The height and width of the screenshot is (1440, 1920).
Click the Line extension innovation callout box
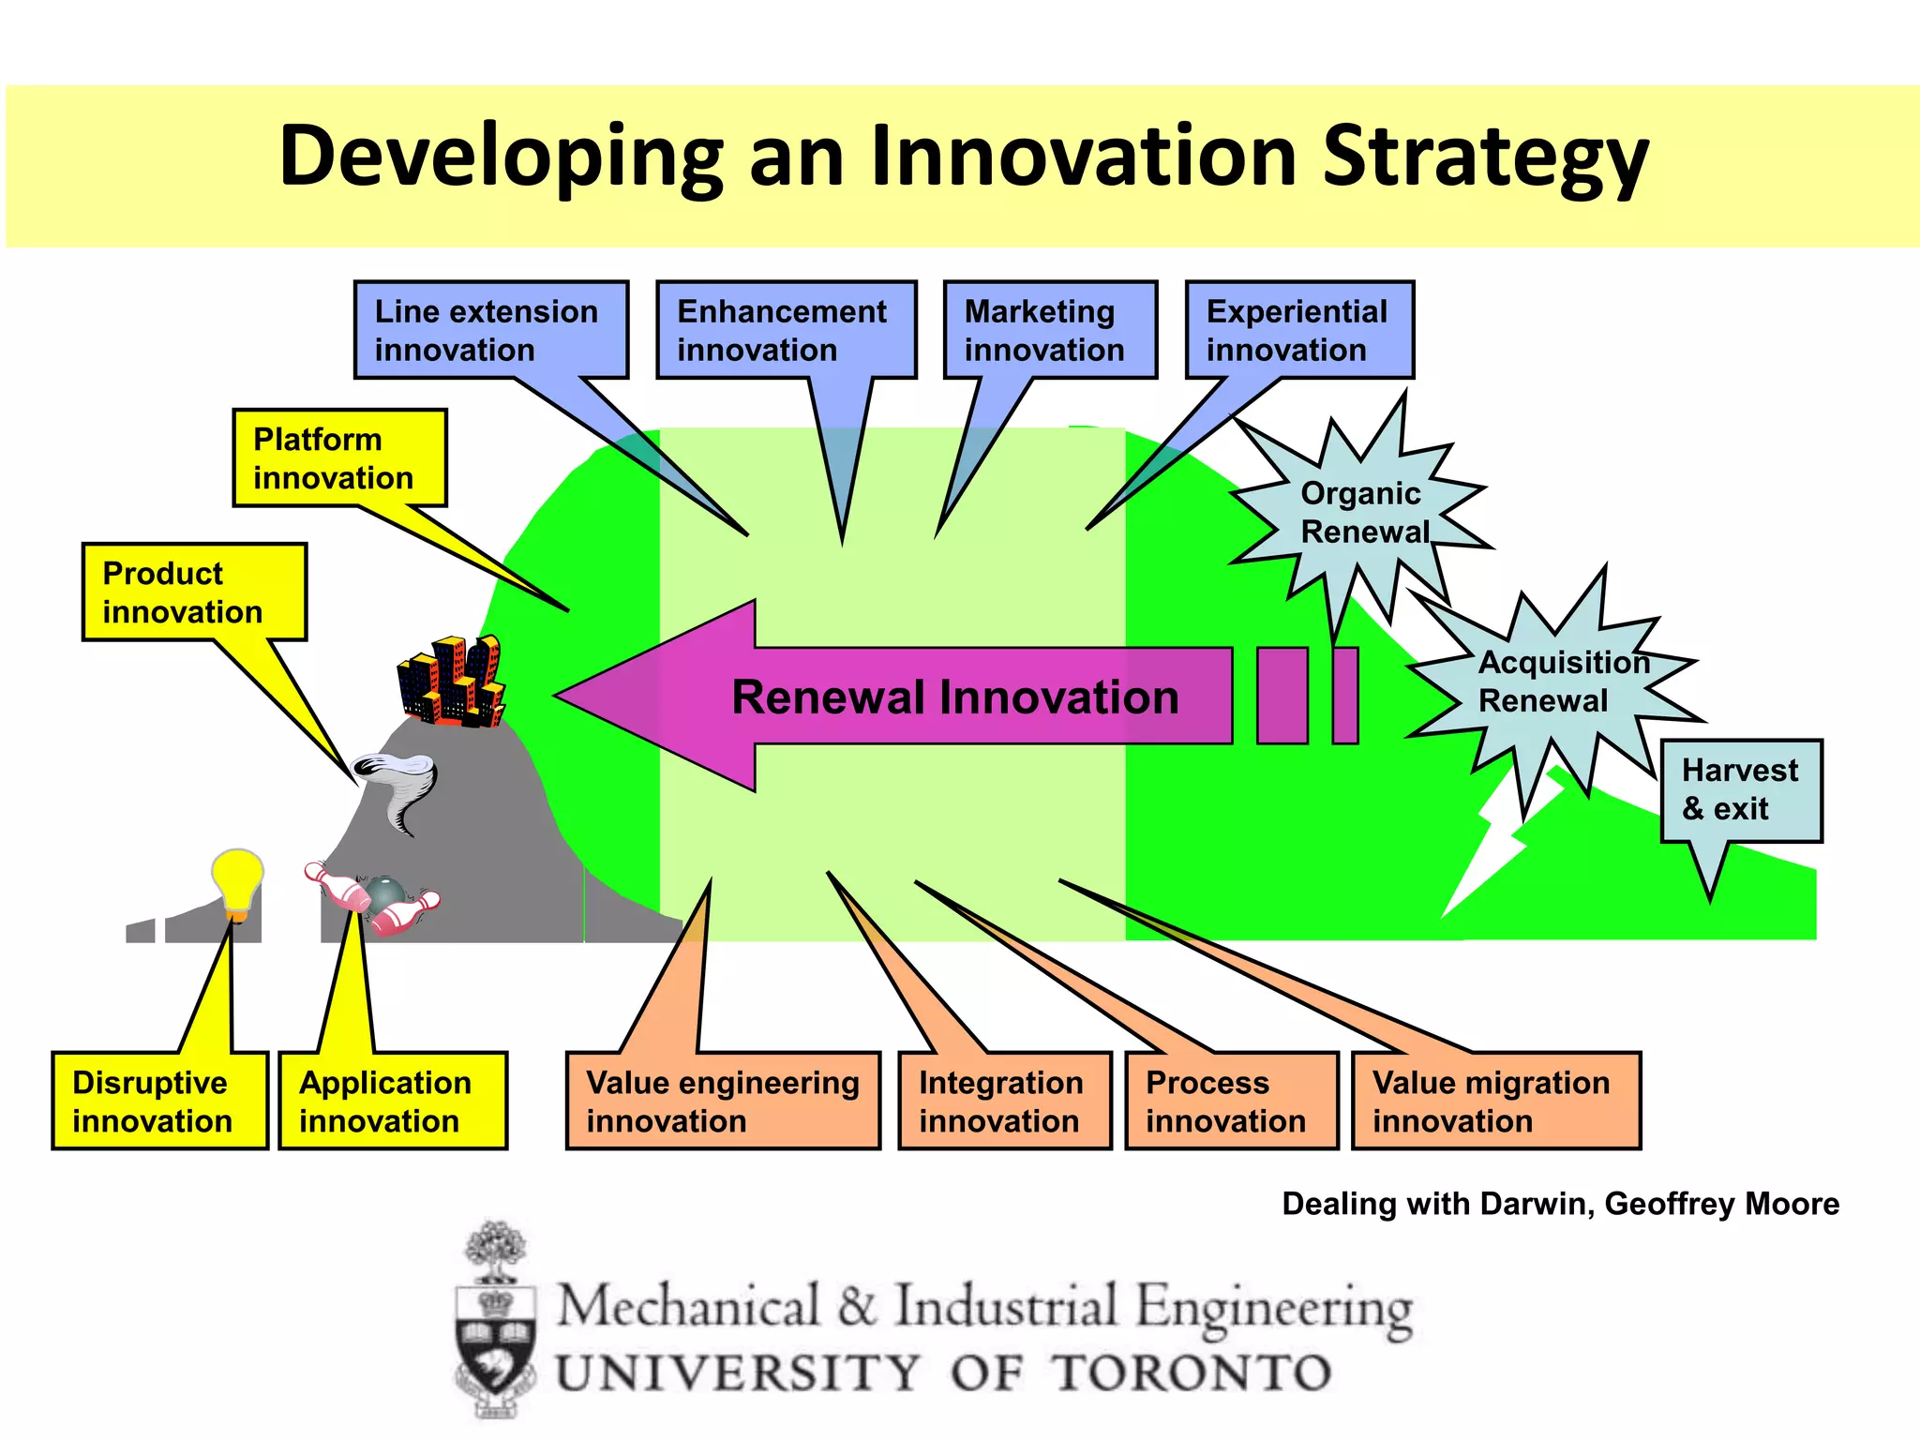pos(490,330)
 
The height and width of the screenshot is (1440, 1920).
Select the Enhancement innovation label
pos(786,330)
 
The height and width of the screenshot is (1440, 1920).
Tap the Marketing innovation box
pos(1050,330)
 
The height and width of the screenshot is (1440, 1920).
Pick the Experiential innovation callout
pos(1299,330)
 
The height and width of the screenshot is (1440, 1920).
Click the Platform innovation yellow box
pos(339,458)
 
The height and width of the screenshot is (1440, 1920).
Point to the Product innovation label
pos(194,592)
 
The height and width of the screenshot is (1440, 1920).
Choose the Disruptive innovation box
pos(159,1102)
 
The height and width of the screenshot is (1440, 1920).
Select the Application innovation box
pos(393,1102)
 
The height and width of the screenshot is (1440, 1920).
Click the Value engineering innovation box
pos(723,1102)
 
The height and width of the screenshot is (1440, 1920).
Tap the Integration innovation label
pos(1004,1102)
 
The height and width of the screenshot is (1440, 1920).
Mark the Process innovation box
pos(1231,1102)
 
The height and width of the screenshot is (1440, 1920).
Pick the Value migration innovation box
pos(1495,1102)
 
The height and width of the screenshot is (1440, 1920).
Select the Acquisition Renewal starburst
pos(1556,682)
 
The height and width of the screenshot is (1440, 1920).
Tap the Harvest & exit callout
pos(1741,790)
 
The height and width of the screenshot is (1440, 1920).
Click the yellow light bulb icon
pos(237,882)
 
